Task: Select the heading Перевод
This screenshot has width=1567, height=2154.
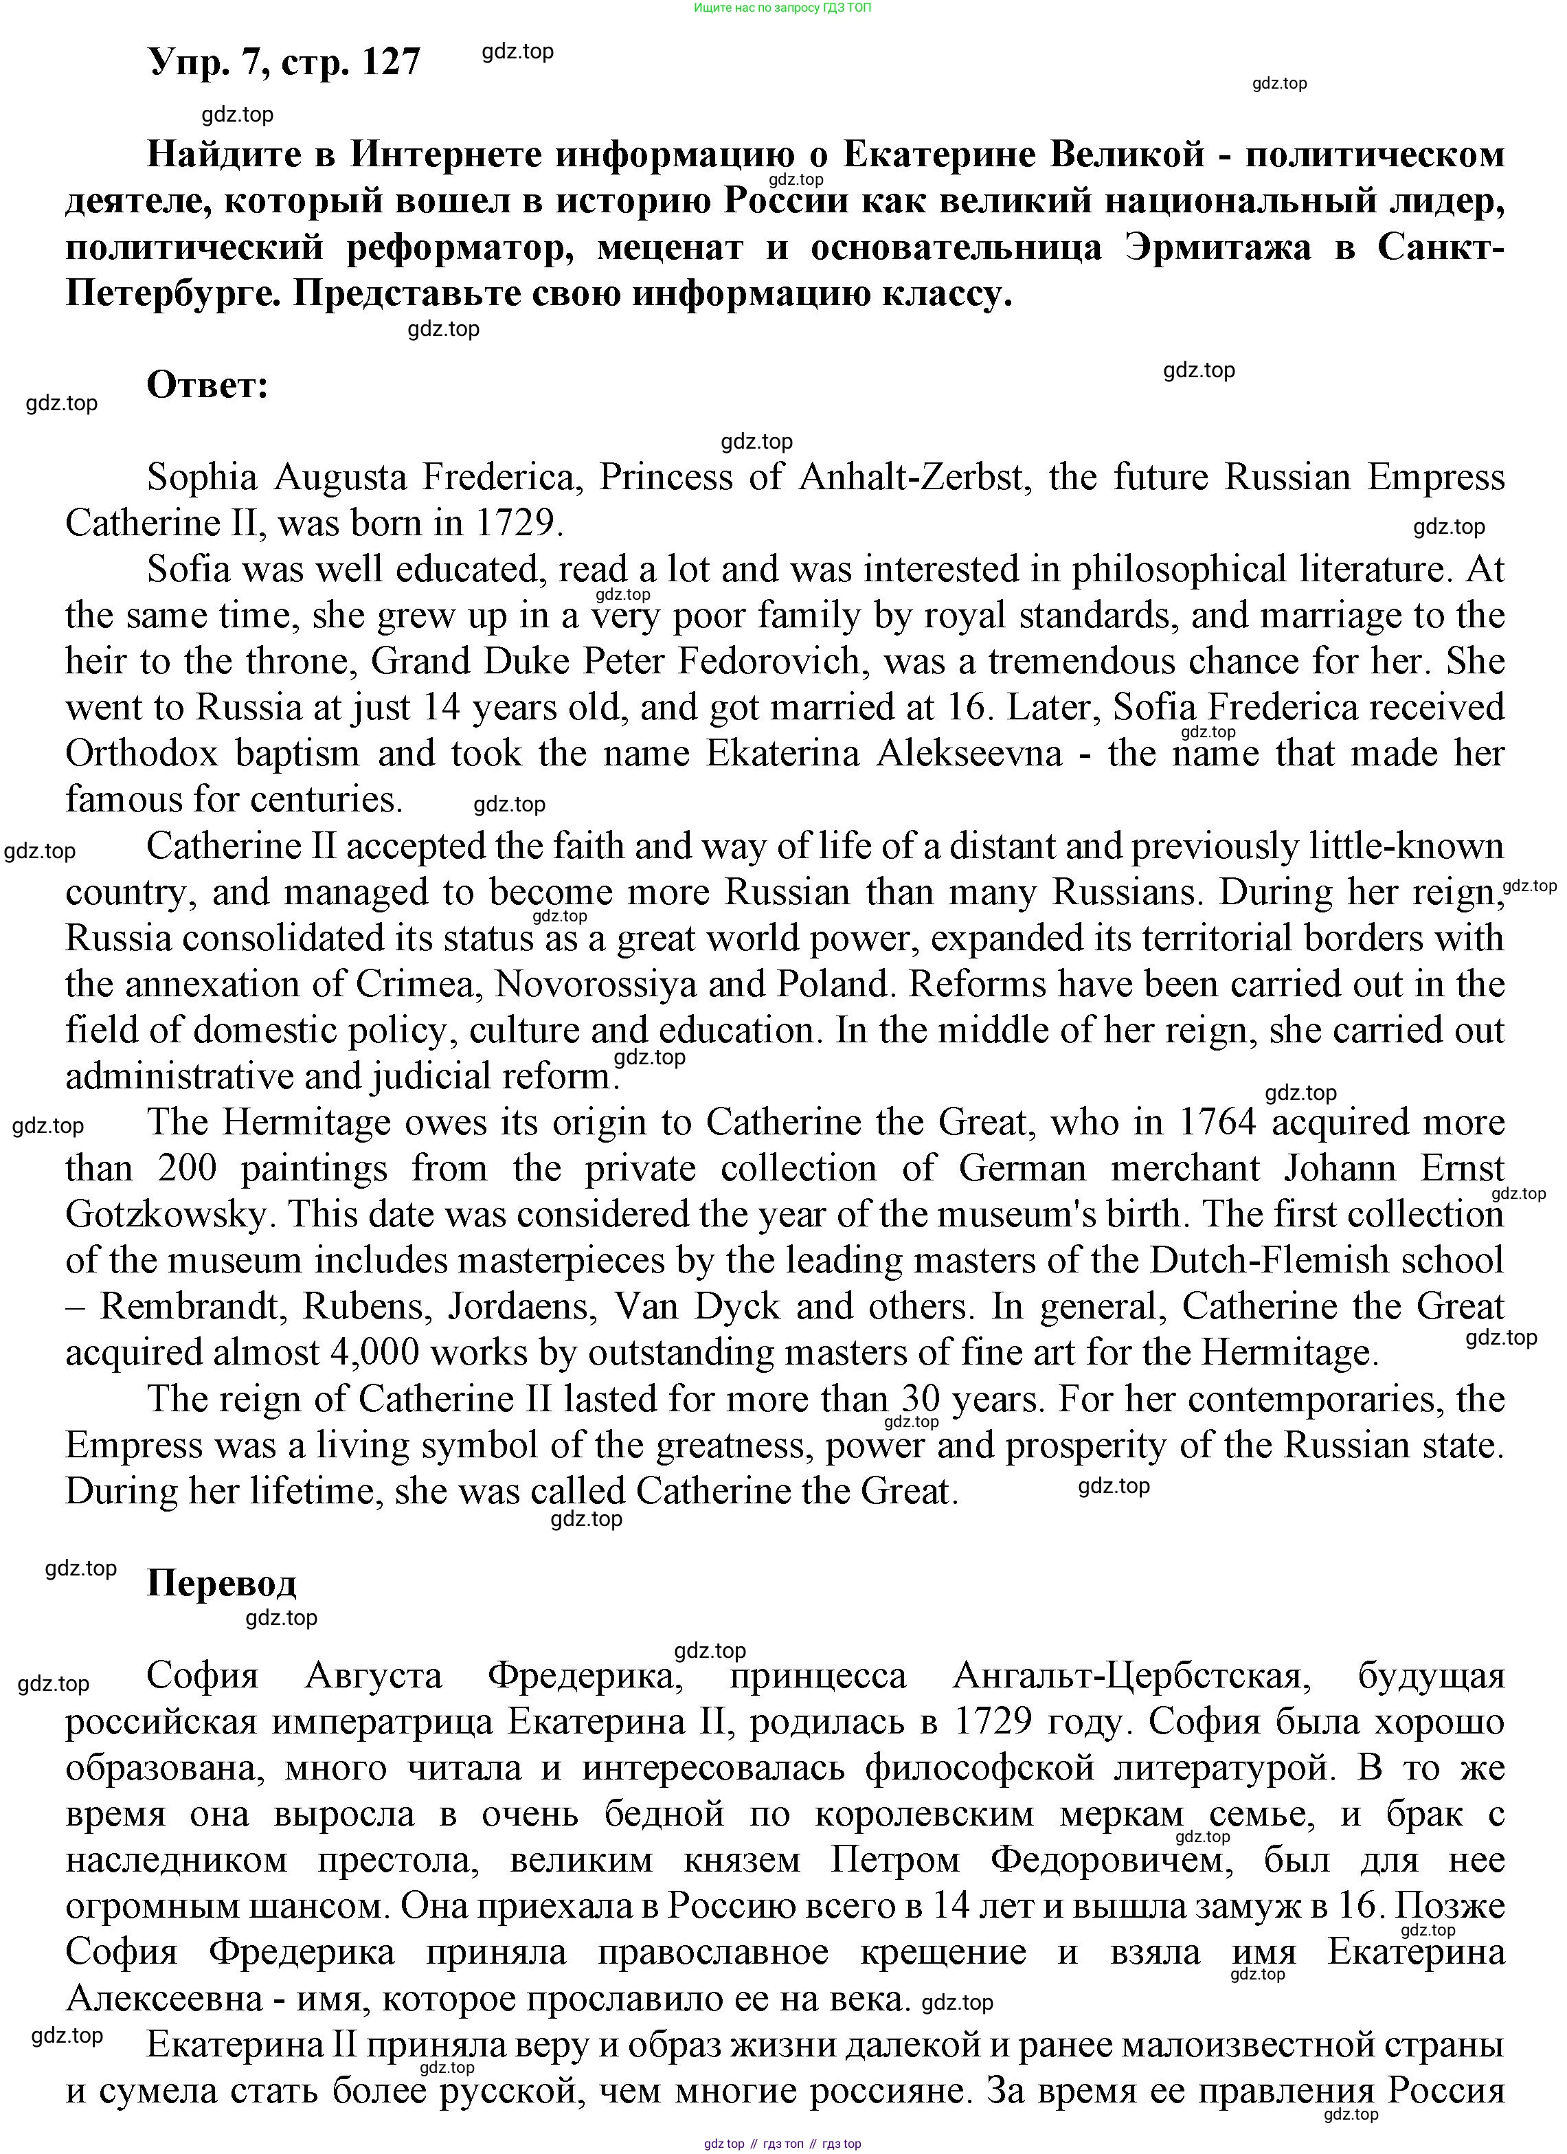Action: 221,1582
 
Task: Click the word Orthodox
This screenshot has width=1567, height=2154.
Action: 142,753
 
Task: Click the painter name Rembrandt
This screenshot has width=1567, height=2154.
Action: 191,1307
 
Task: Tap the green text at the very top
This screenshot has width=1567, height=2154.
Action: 782,8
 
